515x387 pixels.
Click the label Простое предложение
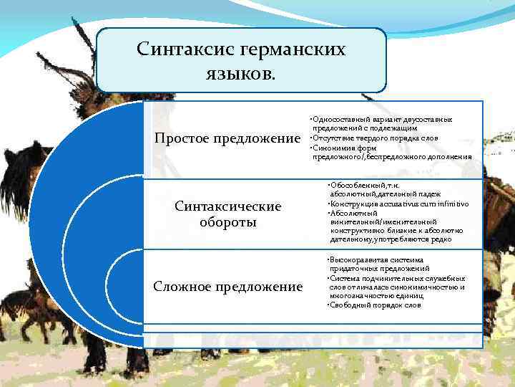tap(224, 138)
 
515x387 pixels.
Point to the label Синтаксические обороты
tap(228, 214)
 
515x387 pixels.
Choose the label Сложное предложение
tap(228, 287)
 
